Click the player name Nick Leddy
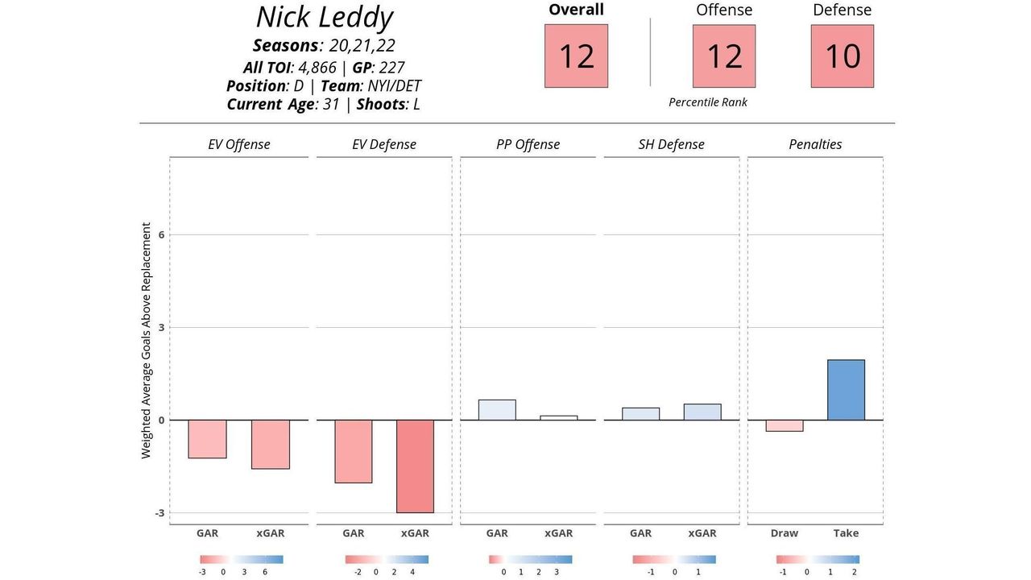(324, 18)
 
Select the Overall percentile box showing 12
(576, 56)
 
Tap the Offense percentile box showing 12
(723, 56)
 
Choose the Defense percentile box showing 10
(842, 56)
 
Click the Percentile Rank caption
(708, 102)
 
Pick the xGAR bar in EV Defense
(415, 466)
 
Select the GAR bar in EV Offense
(207, 439)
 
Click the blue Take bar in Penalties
(846, 390)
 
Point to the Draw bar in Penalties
(784, 425)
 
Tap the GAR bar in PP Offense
(497, 410)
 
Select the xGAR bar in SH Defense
(702, 412)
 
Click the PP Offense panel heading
(528, 145)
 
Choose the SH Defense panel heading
(671, 145)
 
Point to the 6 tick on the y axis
(161, 234)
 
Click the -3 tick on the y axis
(159, 513)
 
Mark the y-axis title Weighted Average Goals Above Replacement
(147, 341)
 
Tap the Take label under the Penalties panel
(846, 533)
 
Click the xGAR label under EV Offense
(271, 533)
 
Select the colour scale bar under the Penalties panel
(818, 559)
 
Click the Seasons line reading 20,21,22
(324, 46)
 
